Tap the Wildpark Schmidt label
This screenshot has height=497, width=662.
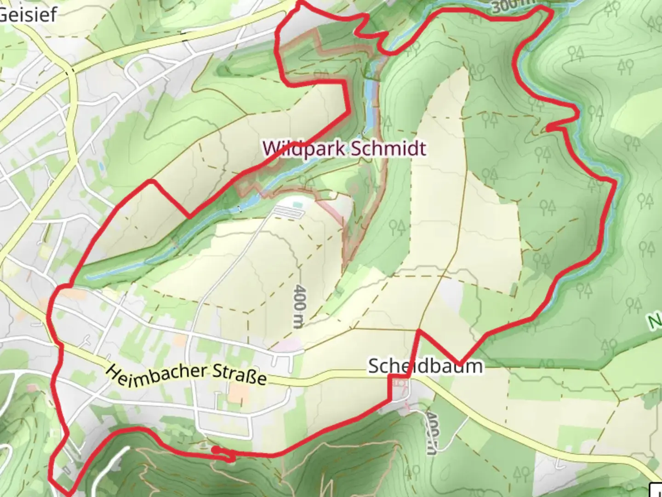tap(344, 149)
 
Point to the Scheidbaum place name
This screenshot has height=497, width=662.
tap(425, 366)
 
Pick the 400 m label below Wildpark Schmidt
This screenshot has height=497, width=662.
tap(299, 306)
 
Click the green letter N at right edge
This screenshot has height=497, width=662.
tap(656, 321)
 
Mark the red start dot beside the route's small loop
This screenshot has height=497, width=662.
tap(215, 449)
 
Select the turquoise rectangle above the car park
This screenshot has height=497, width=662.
tap(297, 203)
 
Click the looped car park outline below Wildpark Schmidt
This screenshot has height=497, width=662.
tap(289, 212)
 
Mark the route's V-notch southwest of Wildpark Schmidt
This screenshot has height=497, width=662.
tap(189, 215)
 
